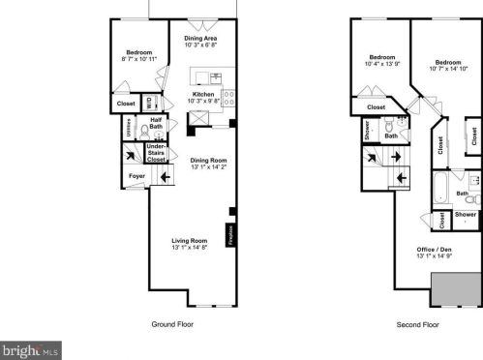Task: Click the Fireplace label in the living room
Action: tap(230, 235)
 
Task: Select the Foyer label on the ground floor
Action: tap(137, 175)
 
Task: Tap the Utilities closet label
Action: tap(129, 126)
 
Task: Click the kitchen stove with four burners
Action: tap(227, 97)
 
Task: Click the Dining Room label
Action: tap(208, 164)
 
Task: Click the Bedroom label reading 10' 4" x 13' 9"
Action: tap(382, 60)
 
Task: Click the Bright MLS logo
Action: tap(31, 349)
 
